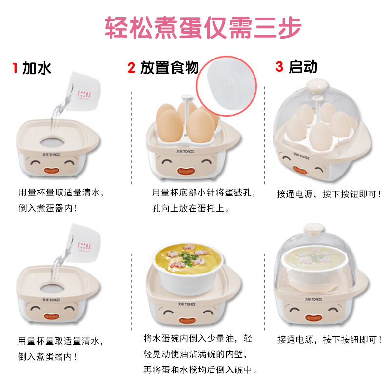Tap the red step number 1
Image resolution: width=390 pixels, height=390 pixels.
(15, 68)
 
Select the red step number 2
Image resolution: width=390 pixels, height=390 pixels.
(131, 68)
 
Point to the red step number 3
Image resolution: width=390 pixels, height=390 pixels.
(279, 67)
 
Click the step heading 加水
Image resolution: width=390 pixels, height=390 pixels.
(37, 68)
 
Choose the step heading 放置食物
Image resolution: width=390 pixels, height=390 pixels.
(169, 68)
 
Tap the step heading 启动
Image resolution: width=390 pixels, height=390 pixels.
(303, 67)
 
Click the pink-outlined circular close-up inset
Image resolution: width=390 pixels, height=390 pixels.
(227, 85)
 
